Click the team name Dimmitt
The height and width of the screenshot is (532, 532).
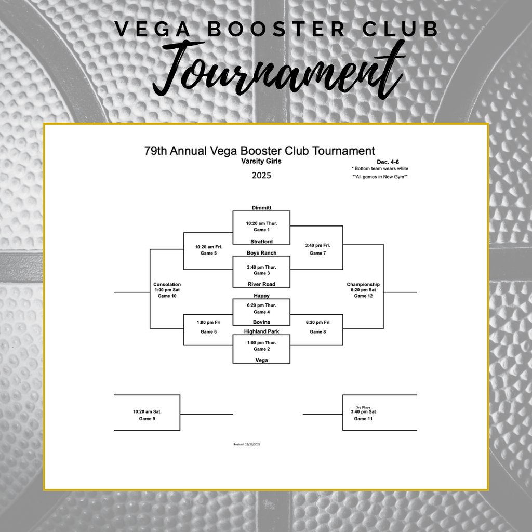[x=261, y=208]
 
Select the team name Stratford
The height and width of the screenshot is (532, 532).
[x=261, y=242]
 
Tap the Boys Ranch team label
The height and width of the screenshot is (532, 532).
[x=261, y=253]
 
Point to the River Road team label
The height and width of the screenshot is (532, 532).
[x=261, y=284]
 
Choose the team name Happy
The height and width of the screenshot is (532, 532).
[x=261, y=296]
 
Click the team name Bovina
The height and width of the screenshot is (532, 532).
[x=261, y=322]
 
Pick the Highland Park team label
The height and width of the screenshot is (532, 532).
[x=261, y=331]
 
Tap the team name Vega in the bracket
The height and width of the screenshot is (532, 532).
[x=261, y=360]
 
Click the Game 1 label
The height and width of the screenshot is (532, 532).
[x=261, y=230]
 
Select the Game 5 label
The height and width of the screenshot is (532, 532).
[x=208, y=254]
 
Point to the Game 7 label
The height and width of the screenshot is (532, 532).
[x=317, y=254]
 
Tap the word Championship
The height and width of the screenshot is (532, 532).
[x=363, y=285]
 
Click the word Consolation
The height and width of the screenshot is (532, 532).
[x=167, y=285]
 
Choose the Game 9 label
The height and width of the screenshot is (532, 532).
[x=147, y=419]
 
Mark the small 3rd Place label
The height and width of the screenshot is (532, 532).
[x=363, y=407]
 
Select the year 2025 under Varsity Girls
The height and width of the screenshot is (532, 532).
[x=261, y=176]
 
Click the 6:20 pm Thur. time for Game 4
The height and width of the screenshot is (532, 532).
[x=261, y=305]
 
